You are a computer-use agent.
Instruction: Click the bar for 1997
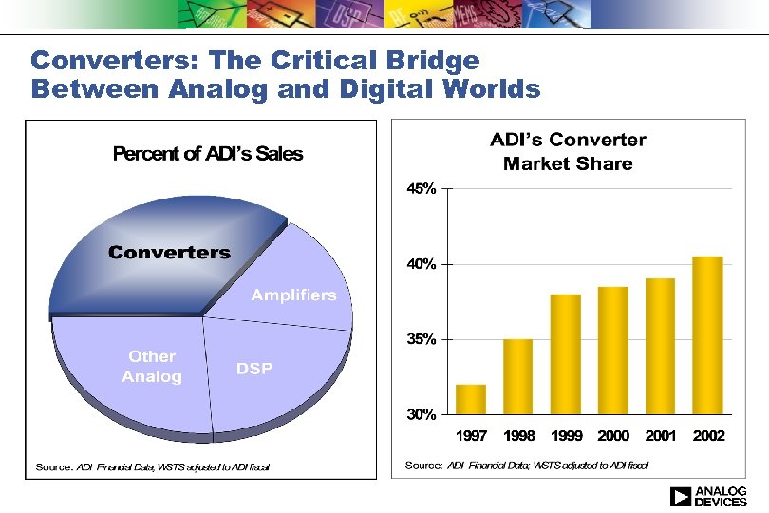[x=471, y=399]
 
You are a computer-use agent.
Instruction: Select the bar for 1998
[x=518, y=376]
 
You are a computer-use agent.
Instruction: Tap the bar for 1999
[x=566, y=354]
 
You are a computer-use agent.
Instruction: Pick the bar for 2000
[x=613, y=351]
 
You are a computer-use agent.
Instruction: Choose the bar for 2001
[x=660, y=346]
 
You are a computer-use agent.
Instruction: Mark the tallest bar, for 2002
[x=707, y=335]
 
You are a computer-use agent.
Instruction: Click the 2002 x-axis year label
[x=708, y=436]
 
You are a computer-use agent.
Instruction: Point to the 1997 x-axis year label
[x=472, y=436]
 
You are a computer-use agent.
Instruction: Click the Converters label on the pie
[x=169, y=252]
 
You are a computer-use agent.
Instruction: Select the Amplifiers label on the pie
[x=293, y=295]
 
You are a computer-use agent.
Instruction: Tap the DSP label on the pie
[x=253, y=369]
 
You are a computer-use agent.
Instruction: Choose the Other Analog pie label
[x=152, y=367]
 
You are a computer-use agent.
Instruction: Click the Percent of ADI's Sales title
[x=208, y=154]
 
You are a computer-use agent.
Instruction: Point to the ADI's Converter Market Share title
[x=568, y=152]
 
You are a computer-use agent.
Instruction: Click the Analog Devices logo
[x=708, y=496]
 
